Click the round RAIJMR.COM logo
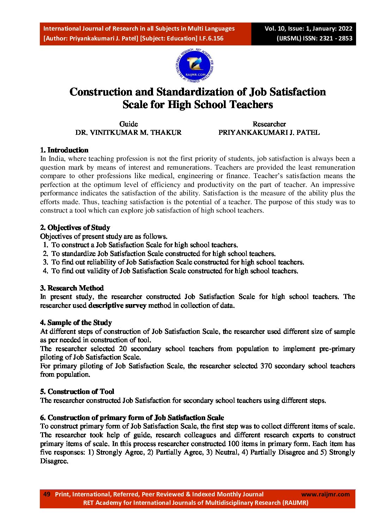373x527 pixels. click(x=195, y=65)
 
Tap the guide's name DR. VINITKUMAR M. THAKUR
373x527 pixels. click(x=128, y=133)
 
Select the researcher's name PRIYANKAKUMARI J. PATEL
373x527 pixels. click(x=269, y=133)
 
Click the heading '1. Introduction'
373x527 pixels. click(x=64, y=150)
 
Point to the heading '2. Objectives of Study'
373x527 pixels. click(x=75, y=228)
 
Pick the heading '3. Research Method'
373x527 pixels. click(x=72, y=288)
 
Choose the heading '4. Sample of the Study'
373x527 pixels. click(x=76, y=323)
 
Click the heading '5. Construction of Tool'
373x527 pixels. click(x=77, y=392)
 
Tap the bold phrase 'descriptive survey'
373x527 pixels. click(x=117, y=306)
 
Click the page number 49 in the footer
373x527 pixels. click(x=47, y=494)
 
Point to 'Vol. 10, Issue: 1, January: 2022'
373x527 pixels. click(x=308, y=29)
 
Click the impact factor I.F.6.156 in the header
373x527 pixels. click(x=211, y=38)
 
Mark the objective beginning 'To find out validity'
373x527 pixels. click(x=175, y=271)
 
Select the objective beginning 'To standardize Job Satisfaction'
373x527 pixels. click(x=163, y=254)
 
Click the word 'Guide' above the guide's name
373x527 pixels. click(x=128, y=124)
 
